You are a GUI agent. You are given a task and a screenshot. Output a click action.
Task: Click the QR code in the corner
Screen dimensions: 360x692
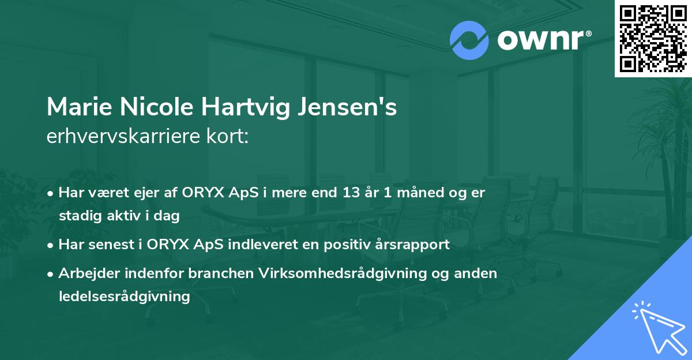pos(653,39)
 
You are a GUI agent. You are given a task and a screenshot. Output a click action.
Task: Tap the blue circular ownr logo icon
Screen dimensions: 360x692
pos(469,40)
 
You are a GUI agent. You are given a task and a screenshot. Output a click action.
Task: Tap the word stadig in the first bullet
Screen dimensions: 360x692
pos(78,216)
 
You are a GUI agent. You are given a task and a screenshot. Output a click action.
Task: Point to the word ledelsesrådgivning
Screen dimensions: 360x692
pos(124,297)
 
